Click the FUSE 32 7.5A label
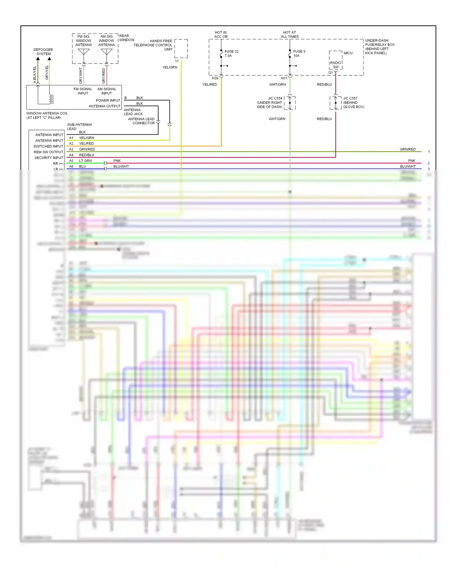[231, 54]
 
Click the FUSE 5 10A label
[299, 54]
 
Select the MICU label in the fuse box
[348, 53]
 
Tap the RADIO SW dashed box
[336, 65]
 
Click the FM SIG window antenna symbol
[84, 52]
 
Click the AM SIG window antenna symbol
[107, 52]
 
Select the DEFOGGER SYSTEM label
[43, 52]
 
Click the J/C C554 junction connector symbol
[290, 103]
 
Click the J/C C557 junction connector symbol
[335, 103]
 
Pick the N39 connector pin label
[215, 78]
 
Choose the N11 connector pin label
[284, 78]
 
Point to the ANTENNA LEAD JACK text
[133, 112]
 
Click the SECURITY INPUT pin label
[49, 158]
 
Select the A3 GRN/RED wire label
[87, 149]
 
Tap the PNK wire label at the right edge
[412, 161]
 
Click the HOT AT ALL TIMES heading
[290, 34]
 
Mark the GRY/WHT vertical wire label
[81, 76]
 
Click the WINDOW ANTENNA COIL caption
[47, 115]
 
